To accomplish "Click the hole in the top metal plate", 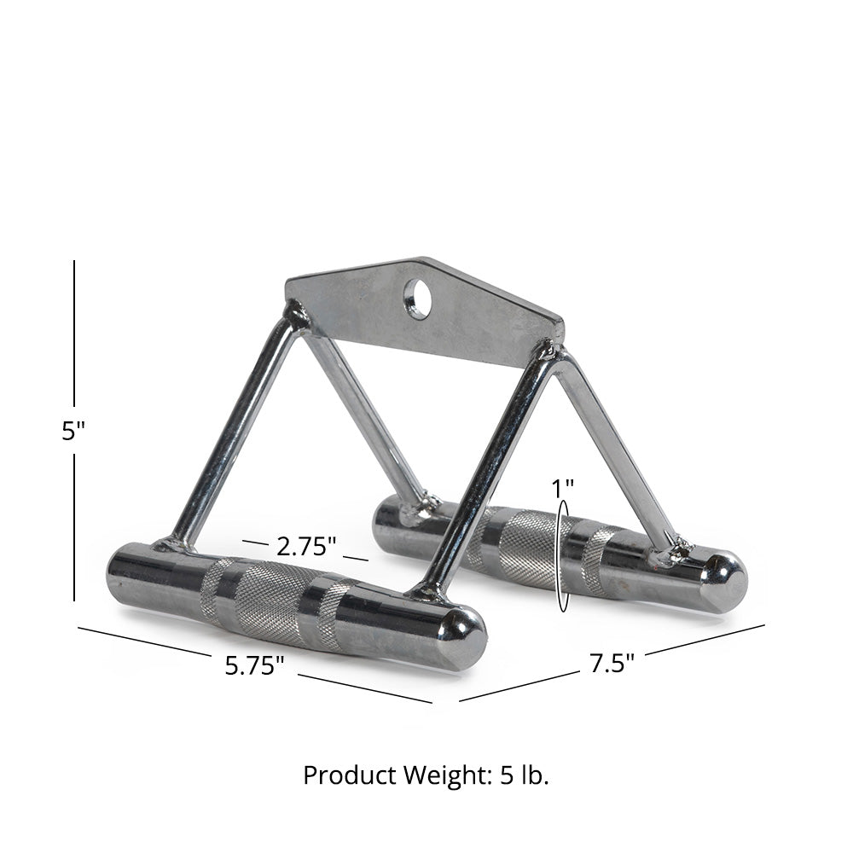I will tap(417, 299).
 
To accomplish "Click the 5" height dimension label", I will tap(73, 431).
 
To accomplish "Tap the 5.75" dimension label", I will tap(254, 665).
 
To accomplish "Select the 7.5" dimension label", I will tap(612, 663).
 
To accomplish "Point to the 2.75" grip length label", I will tap(305, 543).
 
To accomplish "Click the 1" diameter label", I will tap(562, 489).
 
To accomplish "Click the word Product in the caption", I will tap(340, 775).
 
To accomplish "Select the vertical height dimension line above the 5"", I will tap(74, 333).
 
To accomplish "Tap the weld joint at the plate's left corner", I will tap(296, 318).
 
